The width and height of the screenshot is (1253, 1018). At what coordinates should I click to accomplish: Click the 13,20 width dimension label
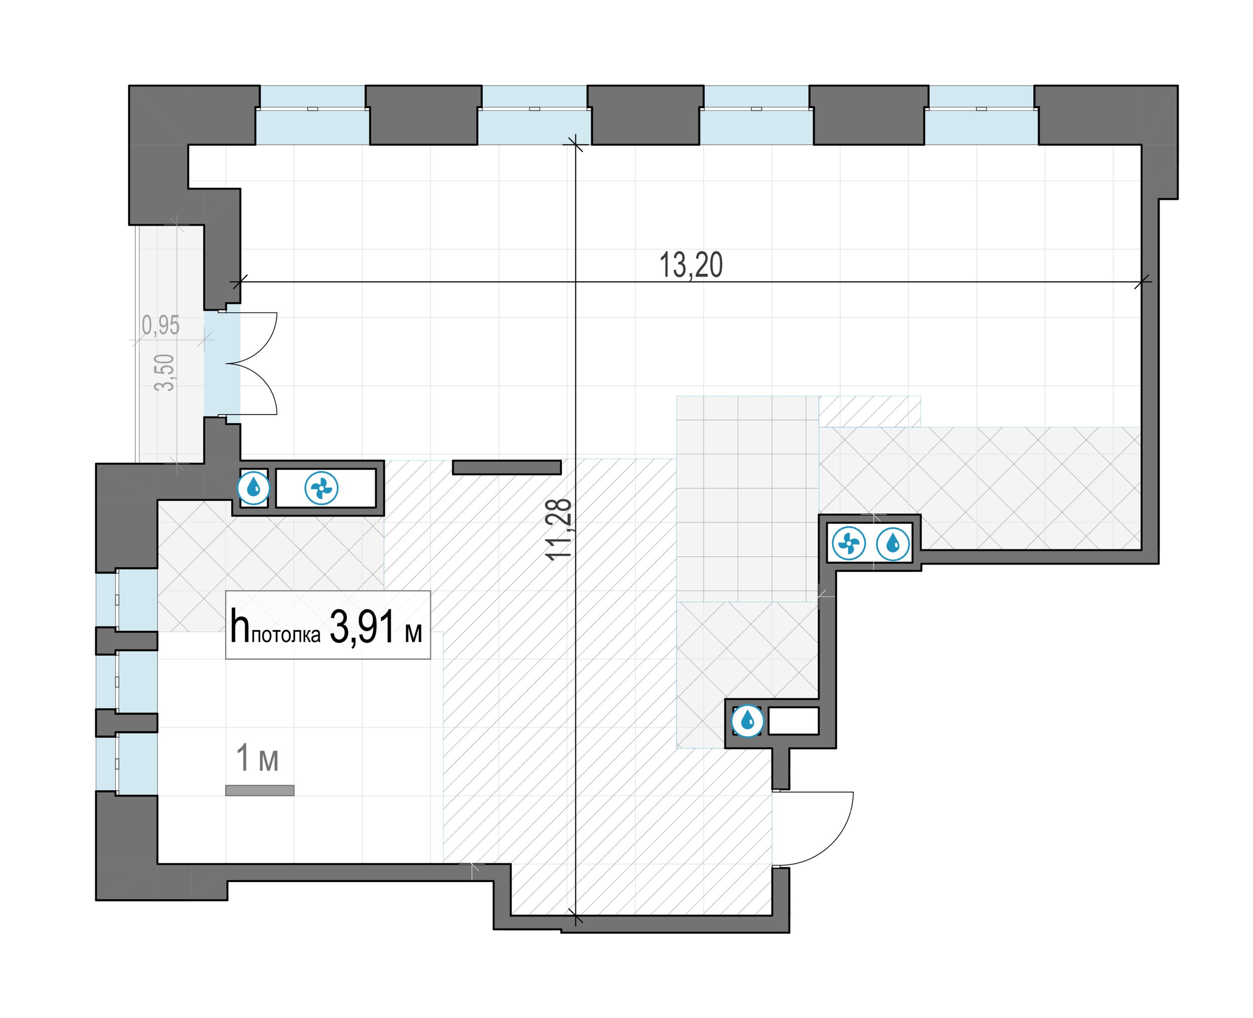coord(691,265)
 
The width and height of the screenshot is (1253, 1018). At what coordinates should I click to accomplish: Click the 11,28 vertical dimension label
coord(558,530)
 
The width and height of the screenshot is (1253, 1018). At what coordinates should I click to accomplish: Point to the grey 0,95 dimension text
coord(160,325)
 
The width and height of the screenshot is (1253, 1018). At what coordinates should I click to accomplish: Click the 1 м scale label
coord(257,758)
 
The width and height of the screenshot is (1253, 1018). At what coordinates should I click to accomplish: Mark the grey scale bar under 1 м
coord(260,790)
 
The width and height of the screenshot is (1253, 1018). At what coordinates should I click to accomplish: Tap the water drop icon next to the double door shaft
coord(253,487)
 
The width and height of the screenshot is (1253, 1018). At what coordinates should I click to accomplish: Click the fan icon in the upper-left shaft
coord(321,487)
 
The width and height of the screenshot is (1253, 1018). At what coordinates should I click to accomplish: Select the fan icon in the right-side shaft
coord(848,544)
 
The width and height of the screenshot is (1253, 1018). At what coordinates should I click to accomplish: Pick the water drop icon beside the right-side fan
coord(893,544)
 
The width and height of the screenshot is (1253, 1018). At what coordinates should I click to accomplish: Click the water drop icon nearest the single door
coord(748,720)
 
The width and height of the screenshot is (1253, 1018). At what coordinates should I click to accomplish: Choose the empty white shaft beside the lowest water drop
coord(793,721)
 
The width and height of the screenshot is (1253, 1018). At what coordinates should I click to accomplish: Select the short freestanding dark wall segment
coord(507,467)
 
